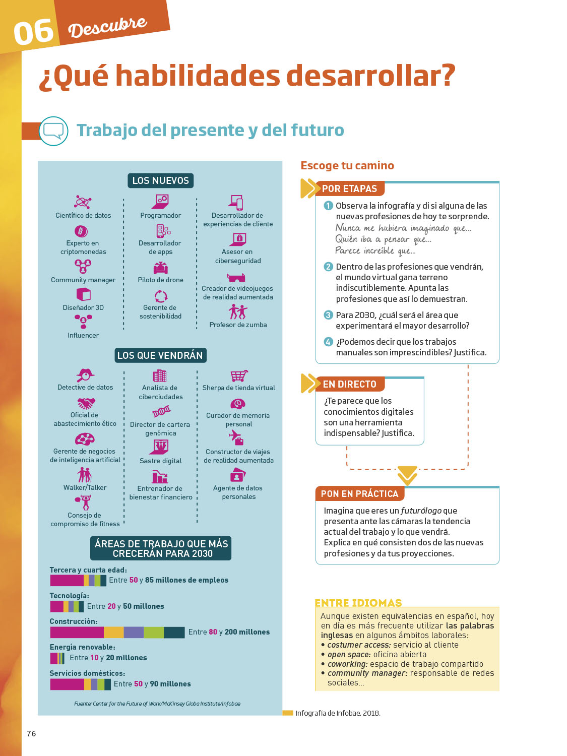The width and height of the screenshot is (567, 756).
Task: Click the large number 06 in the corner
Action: (x=33, y=32)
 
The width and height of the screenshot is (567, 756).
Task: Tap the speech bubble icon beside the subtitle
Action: (x=53, y=131)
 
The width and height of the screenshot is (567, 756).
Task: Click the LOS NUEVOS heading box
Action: (x=160, y=180)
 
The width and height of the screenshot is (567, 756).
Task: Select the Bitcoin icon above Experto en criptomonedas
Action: (x=81, y=231)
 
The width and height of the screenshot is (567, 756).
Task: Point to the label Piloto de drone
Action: (x=160, y=280)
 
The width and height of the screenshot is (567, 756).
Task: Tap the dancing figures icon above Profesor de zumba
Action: (x=238, y=312)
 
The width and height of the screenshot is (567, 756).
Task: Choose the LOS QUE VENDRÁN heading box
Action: (x=160, y=355)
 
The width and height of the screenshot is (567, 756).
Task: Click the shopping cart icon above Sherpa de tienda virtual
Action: (x=239, y=376)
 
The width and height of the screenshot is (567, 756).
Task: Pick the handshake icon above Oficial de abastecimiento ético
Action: (x=86, y=403)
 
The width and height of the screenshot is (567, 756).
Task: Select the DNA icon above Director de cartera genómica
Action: (x=161, y=412)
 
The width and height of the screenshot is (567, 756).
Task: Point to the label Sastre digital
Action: (x=160, y=461)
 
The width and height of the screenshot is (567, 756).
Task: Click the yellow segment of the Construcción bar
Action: (x=113, y=632)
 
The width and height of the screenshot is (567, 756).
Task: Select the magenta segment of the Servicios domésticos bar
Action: (x=67, y=684)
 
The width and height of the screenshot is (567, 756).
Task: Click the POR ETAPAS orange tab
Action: (x=349, y=188)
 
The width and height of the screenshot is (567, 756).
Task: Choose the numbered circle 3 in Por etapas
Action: (x=328, y=315)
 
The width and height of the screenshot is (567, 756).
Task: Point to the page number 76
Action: (x=31, y=733)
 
